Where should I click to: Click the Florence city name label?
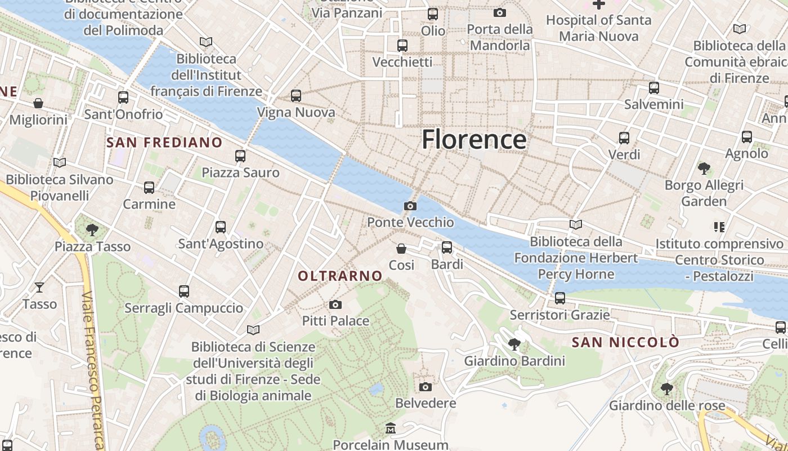[474, 139]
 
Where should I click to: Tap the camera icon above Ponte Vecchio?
[410, 206]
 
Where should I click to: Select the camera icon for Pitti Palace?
[335, 305]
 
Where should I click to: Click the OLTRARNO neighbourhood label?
[340, 276]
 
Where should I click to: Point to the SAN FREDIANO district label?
[164, 143]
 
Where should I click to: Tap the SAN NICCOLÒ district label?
[625, 342]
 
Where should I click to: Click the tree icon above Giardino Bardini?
[514, 344]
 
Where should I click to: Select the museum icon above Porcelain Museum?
[391, 429]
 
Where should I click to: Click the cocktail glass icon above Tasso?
[39, 288]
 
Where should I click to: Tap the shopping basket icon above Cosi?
[401, 249]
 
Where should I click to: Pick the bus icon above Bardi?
[447, 247]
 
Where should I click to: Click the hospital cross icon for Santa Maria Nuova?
[598, 5]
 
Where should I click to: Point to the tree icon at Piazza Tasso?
[92, 230]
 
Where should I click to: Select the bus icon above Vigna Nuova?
[296, 96]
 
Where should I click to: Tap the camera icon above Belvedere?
[426, 387]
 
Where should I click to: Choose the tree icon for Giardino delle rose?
[666, 388]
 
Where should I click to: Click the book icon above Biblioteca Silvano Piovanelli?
[60, 163]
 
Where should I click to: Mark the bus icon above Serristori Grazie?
[559, 298]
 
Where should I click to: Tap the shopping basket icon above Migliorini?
[38, 103]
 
